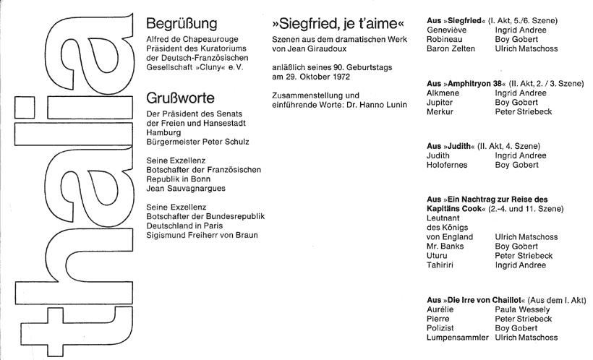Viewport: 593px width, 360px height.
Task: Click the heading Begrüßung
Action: tap(181, 24)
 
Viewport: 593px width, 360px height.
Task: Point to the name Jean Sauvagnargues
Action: tap(187, 188)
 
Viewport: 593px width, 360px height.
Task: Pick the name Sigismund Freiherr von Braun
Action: tap(202, 234)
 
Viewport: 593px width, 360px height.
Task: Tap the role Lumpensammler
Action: tap(457, 337)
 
